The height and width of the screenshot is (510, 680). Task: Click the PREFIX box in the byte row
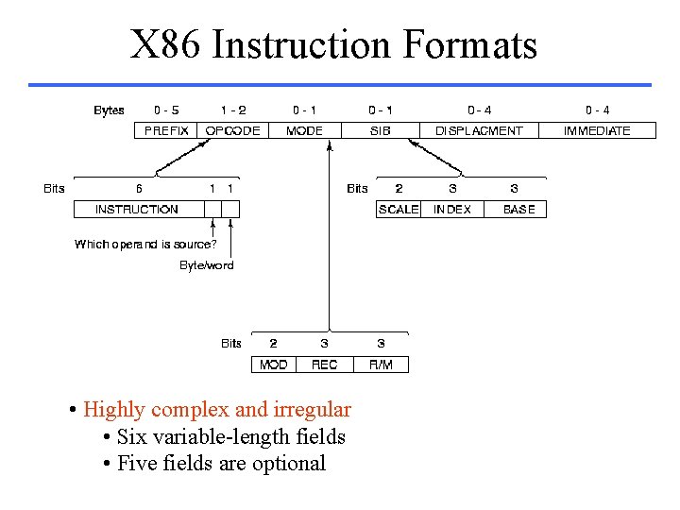coord(166,131)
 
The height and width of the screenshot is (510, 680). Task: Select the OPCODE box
coord(232,131)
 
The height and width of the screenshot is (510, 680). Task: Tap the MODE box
coord(304,131)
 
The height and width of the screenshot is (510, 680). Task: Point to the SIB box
coord(380,131)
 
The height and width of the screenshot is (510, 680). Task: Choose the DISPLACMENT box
coord(479,131)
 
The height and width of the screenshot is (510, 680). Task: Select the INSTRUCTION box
coord(138,210)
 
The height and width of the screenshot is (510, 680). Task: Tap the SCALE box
coord(398,210)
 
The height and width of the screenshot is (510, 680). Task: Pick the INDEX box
coord(451,210)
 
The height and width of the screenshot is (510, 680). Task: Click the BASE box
coord(518,210)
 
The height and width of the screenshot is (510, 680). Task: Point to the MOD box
coord(273,365)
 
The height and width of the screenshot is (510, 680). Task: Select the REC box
coord(324,365)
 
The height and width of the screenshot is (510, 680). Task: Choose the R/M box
coord(381,365)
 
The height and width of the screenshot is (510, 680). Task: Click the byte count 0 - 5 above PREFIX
coord(166,110)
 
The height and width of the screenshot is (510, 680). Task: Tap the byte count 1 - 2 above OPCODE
coord(233,110)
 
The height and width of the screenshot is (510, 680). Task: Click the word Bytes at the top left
coord(109,110)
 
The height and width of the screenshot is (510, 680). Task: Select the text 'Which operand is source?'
coord(145,245)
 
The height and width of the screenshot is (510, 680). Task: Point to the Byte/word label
coord(207,265)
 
